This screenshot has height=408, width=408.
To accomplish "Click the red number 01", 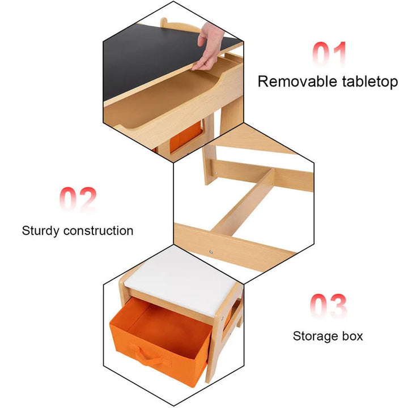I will click(330, 55).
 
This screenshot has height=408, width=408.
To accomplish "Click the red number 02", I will click(78, 201).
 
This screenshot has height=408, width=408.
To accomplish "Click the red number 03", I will click(329, 307).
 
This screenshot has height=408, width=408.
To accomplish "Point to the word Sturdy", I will click(41, 231).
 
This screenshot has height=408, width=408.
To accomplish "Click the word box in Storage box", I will click(352, 336).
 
